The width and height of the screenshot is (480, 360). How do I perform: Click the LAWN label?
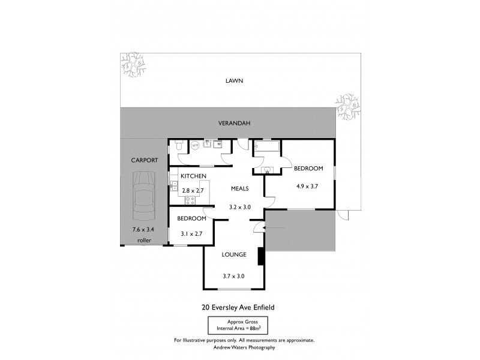coord(233,80)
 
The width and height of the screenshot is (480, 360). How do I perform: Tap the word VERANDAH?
coord(233,123)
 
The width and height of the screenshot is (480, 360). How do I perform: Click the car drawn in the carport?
coord(143,195)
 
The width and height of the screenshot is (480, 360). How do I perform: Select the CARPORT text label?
coord(144,160)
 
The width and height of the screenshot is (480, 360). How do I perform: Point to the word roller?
coord(144,241)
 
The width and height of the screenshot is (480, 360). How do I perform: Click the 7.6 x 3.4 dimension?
coord(143,229)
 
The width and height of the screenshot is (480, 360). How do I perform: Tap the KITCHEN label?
coord(194,176)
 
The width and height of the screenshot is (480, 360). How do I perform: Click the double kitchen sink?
coord(173,184)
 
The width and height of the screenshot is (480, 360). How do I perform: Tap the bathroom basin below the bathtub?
coord(268,170)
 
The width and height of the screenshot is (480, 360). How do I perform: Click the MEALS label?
coord(240,188)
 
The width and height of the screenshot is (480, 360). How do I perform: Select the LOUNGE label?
coord(233,254)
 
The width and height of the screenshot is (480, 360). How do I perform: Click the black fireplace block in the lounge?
coord(260,256)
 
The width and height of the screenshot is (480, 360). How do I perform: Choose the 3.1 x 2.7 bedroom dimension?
coord(191,234)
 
